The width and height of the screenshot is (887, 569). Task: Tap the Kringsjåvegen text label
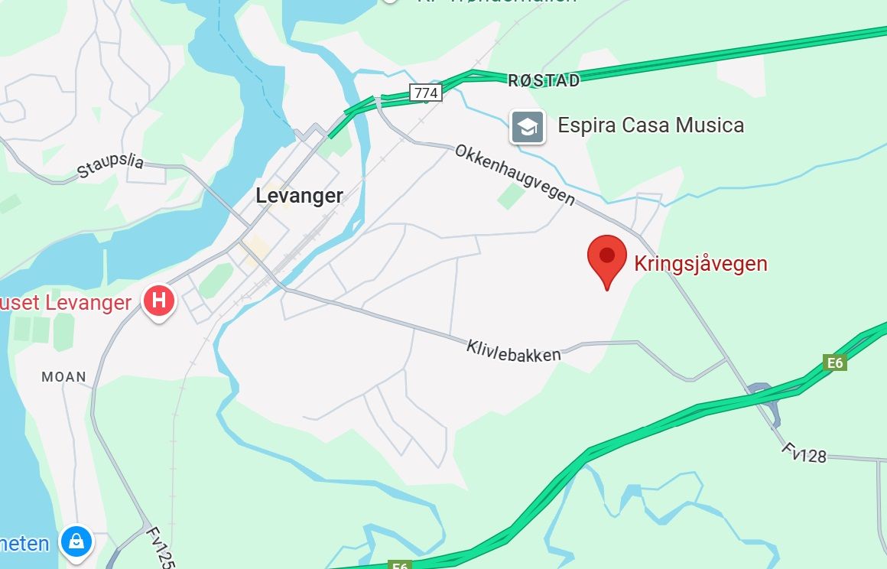[700, 264]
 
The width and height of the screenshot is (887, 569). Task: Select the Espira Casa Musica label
[651, 125]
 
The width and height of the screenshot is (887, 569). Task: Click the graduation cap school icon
[528, 127]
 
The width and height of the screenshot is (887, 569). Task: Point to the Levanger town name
[299, 196]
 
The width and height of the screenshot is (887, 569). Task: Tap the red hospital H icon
[159, 301]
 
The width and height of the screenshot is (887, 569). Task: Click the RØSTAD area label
[544, 80]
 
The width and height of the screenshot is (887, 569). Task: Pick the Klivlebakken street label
[513, 351]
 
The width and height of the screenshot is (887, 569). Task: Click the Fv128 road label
[804, 452]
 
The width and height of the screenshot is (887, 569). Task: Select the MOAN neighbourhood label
[63, 377]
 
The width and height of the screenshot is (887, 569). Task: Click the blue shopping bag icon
[76, 541]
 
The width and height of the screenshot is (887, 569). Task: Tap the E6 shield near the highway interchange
[835, 363]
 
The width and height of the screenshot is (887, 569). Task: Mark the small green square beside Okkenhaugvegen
[511, 196]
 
